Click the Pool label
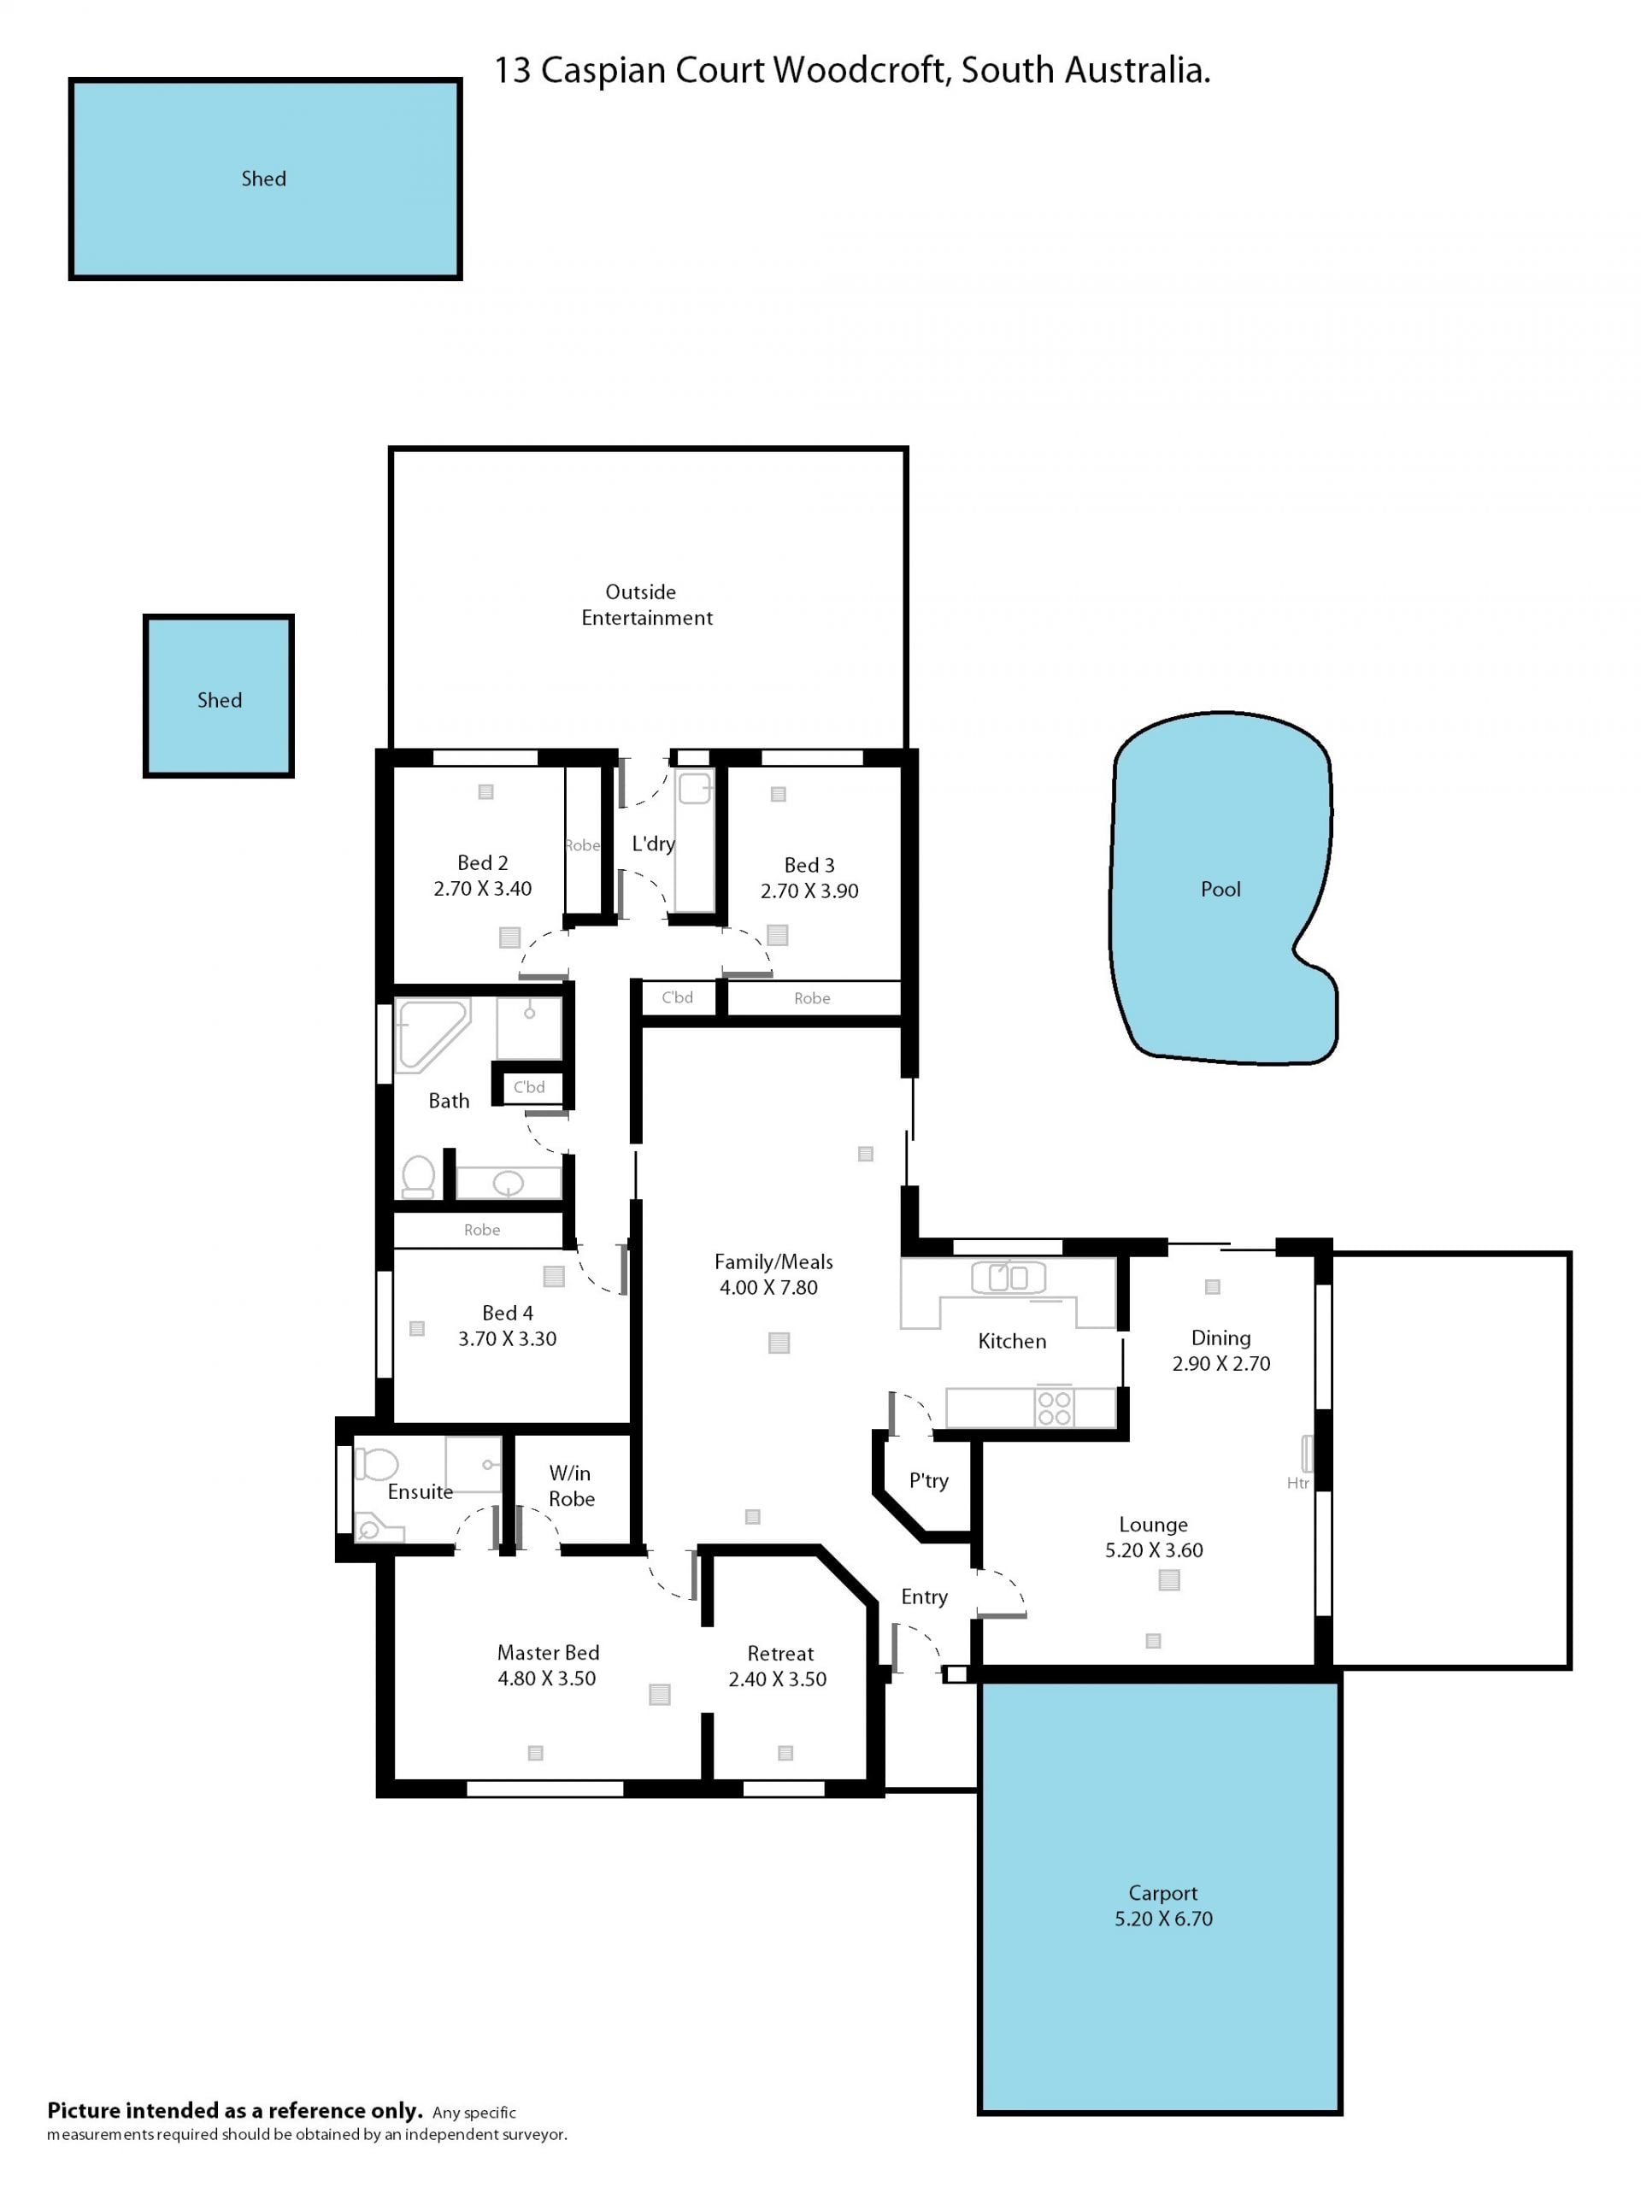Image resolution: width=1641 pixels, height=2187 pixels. click(1220, 889)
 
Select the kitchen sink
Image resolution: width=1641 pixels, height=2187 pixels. click(1009, 1279)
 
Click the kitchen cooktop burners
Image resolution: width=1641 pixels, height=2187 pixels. click(1055, 1408)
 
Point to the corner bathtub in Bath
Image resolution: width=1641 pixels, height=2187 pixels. click(430, 1033)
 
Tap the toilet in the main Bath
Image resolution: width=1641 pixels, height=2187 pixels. click(418, 1177)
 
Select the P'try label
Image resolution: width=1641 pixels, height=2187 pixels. click(928, 1480)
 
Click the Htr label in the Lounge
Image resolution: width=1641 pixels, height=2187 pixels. click(1298, 1483)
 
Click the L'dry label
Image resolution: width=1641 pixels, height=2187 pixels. click(654, 844)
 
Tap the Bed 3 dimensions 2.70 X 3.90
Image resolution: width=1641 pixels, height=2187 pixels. click(809, 891)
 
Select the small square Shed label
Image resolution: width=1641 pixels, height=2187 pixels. click(220, 700)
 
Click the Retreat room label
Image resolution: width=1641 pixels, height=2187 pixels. click(780, 1653)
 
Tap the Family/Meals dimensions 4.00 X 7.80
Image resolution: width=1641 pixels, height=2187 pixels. click(768, 1287)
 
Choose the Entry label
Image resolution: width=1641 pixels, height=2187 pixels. click(924, 1596)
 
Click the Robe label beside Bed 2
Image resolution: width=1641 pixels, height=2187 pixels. click(582, 845)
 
